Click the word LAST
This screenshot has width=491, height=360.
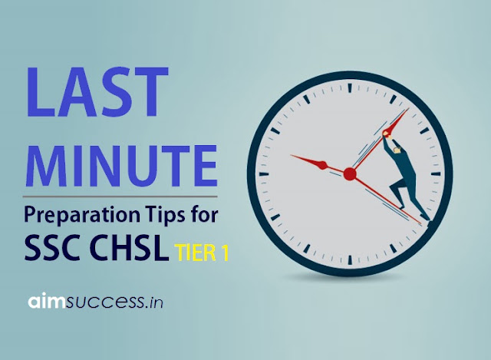[97, 92]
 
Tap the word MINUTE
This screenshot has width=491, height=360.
[123, 166]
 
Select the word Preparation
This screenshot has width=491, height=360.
[82, 216]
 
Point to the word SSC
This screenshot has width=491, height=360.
[52, 247]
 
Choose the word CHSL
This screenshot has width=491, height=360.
[127, 247]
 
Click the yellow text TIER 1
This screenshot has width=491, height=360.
[201, 253]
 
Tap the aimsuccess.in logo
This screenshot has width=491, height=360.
[95, 301]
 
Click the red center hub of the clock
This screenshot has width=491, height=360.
[350, 174]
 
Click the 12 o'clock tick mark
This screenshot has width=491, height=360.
[350, 88]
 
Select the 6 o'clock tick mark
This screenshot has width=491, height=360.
[350, 259]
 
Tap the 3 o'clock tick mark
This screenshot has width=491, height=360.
[436, 174]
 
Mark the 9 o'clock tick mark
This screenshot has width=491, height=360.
[264, 174]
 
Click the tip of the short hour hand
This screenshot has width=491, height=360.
[291, 155]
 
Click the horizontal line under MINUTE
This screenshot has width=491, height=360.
[120, 197]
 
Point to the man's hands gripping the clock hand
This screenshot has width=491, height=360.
[387, 134]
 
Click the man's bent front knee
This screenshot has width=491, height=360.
[392, 188]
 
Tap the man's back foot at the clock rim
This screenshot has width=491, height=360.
[425, 216]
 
